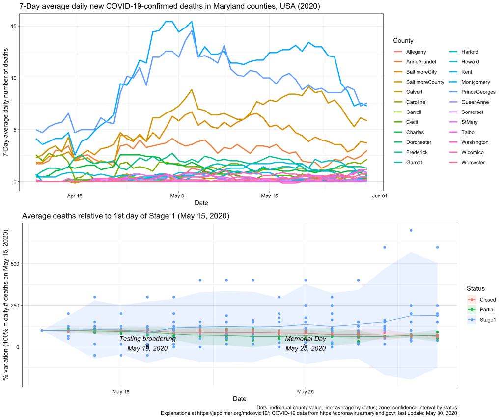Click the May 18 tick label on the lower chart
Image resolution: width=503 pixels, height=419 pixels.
120,392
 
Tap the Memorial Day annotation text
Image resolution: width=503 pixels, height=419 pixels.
305,339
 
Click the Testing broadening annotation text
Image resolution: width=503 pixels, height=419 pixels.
147,339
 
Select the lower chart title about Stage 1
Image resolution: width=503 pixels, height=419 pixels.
126,216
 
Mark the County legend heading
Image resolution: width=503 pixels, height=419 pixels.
403,40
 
